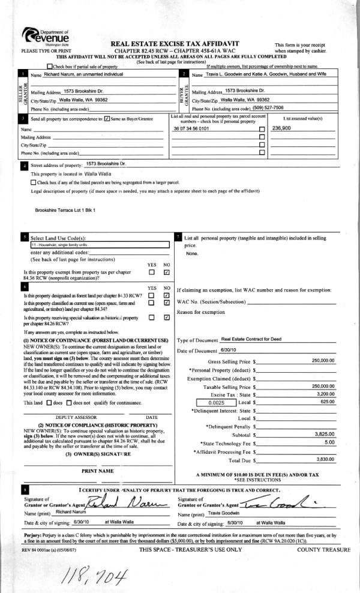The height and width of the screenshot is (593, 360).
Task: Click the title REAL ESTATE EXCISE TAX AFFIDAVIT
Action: pyautogui.click(x=175, y=44)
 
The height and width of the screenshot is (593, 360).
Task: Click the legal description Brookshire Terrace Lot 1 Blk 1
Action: pyautogui.click(x=65, y=211)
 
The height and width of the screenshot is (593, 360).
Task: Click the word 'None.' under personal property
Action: pyautogui.click(x=192, y=253)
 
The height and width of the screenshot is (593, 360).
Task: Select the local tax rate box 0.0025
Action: pyautogui.click(x=214, y=402)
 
